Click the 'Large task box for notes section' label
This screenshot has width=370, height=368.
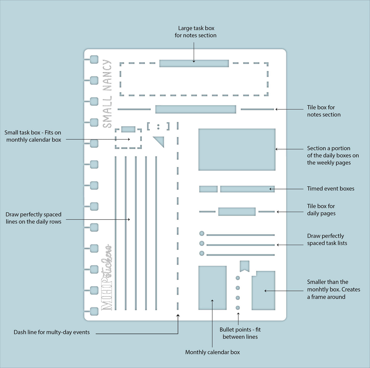pos(195,32)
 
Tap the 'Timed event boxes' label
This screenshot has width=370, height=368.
pos(331,188)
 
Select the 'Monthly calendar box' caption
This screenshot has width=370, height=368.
pos(212,352)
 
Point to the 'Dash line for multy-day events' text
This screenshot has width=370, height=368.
pos(52,332)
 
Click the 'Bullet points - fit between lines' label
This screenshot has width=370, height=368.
pos(240,333)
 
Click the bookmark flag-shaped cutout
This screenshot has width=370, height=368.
pos(245,266)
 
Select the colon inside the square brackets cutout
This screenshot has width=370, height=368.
pos(158,127)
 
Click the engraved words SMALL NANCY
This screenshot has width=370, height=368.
pos(107,94)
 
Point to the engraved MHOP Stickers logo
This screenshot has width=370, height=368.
pos(106,277)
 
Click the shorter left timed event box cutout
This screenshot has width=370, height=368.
pos(208,189)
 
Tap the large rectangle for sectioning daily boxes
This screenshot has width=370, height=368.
pos(237,149)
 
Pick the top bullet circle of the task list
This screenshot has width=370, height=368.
pos(202,233)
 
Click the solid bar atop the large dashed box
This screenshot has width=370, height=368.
pos(194,63)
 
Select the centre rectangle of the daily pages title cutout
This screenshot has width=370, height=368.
pos(237,212)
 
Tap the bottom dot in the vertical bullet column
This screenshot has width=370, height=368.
pos(238,308)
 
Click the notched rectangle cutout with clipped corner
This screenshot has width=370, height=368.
pos(263,290)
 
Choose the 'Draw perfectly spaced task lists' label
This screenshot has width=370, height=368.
pos(327,239)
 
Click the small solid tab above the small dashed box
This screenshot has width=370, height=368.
pos(128,129)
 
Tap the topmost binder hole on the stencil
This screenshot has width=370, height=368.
pos(94,59)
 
